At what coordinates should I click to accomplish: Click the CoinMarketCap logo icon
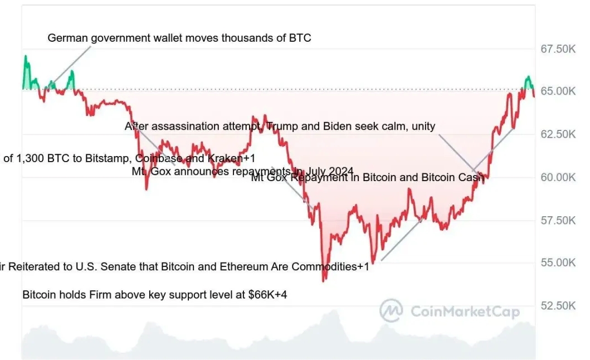[x=391, y=311]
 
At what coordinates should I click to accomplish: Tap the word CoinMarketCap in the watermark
[x=465, y=312]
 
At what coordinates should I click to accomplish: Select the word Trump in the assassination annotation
[x=282, y=127]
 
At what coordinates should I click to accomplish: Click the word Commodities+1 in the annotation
[x=334, y=266]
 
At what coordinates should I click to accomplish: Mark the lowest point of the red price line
[x=324, y=280]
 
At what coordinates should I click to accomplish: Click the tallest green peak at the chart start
[x=25, y=56]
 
